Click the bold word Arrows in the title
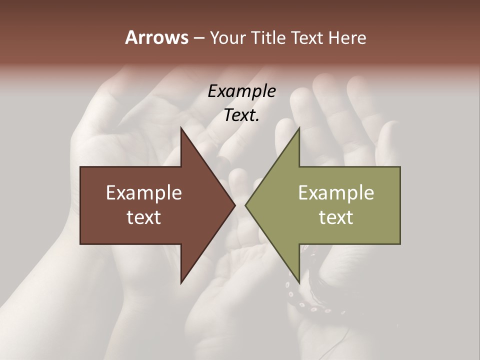[x=156, y=37]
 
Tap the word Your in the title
[x=226, y=38]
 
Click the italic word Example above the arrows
[x=242, y=91]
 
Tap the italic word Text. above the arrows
[x=242, y=115]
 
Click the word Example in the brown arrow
[x=144, y=192]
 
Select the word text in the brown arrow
[x=144, y=217]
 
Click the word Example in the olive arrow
[x=336, y=192]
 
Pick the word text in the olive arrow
[x=336, y=217]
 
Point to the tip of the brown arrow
[x=235, y=205]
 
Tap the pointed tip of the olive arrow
[x=245, y=205]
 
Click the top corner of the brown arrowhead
[x=181, y=128]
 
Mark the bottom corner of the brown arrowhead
[x=181, y=283]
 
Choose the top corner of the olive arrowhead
[x=299, y=128]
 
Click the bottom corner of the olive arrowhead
[x=299, y=283]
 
